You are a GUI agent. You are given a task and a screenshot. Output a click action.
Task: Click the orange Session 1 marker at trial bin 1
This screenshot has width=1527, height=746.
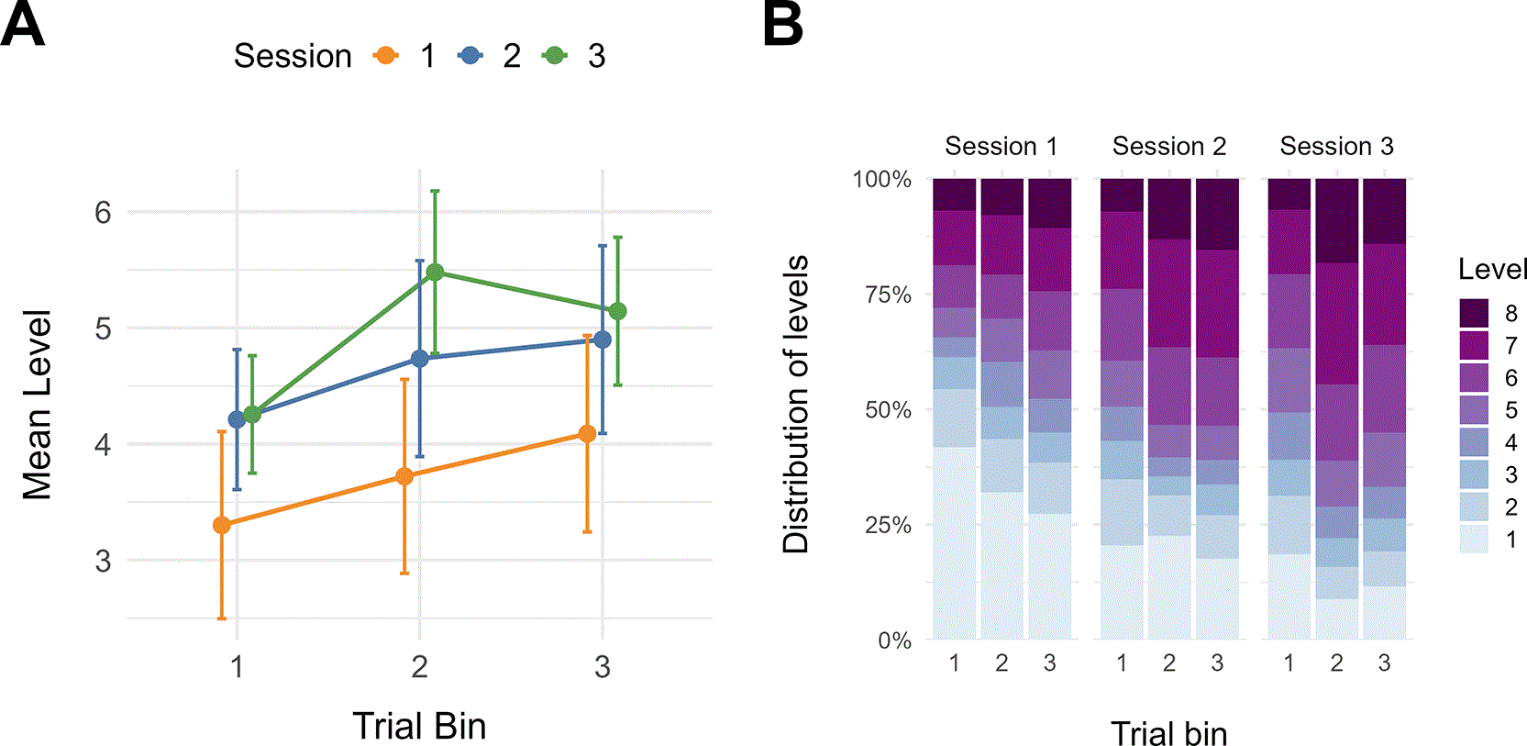tap(222, 525)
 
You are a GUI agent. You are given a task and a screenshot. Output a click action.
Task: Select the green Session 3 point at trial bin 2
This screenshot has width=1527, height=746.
tap(435, 273)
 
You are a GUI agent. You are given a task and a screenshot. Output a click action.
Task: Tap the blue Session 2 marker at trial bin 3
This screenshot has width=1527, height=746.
tap(603, 340)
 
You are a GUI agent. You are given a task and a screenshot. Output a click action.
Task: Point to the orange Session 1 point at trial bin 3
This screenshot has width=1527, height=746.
tap(587, 434)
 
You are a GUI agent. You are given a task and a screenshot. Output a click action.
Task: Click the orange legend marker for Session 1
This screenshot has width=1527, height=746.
tap(386, 55)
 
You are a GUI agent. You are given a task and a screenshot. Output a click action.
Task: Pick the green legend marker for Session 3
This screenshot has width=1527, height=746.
tap(556, 55)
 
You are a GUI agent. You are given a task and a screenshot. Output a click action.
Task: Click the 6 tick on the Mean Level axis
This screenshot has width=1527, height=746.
tap(103, 213)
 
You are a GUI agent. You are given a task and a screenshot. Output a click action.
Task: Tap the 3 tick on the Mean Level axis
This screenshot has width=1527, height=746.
tap(103, 562)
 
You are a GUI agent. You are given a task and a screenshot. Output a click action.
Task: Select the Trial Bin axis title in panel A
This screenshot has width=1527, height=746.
tap(419, 726)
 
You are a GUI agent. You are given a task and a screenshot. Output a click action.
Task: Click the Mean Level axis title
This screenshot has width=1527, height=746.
tap(37, 405)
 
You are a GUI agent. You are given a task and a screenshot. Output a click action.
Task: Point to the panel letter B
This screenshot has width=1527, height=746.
tap(782, 24)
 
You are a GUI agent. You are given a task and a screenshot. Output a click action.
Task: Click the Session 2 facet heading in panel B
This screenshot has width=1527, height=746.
tap(1169, 146)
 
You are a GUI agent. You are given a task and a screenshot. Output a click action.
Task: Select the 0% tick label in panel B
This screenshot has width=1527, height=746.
tap(894, 640)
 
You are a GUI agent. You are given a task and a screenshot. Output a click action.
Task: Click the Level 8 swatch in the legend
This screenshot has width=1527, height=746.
tap(1474, 313)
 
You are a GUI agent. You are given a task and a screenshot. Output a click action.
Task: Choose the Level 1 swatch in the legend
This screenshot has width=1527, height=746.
tap(1474, 539)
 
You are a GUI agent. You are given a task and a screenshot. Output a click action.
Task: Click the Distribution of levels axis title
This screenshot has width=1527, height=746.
tap(795, 405)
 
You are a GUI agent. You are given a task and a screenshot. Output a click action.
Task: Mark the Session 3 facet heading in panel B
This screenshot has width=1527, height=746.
tap(1337, 146)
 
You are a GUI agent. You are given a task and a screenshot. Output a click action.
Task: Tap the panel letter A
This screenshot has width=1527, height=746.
tap(23, 24)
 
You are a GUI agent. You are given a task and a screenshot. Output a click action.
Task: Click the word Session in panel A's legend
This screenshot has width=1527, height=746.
tap(293, 56)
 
